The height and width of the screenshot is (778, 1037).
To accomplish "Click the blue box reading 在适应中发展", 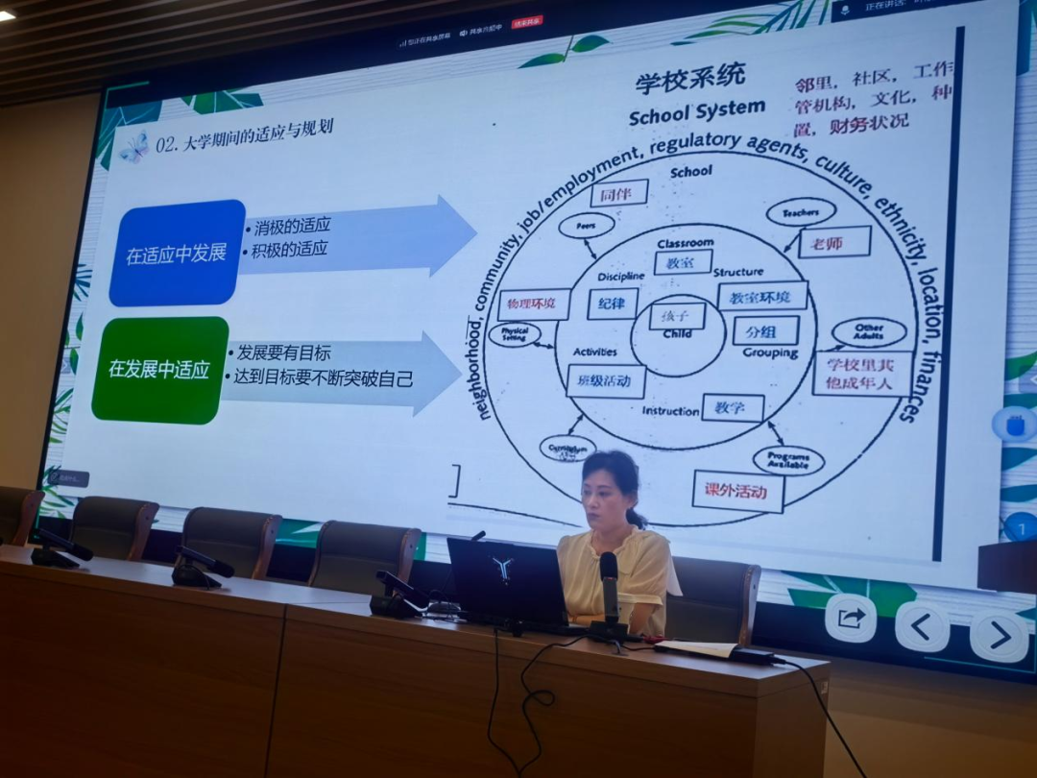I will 177,254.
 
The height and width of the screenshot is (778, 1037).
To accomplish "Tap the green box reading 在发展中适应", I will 159,370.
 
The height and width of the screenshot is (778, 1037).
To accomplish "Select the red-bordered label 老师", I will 833,243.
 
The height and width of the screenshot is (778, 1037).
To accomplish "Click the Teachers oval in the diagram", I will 800,212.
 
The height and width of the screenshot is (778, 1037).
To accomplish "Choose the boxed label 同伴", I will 617,194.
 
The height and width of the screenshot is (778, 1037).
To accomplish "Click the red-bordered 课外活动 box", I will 737,491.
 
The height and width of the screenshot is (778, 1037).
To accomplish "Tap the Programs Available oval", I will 787,460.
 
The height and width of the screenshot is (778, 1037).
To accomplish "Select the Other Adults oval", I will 868,332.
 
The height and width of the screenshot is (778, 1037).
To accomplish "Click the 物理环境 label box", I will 533,304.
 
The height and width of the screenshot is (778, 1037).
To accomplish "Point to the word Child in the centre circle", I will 677,334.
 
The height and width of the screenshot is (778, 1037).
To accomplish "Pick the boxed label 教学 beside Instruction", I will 732,408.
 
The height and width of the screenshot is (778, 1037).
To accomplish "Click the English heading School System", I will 697,113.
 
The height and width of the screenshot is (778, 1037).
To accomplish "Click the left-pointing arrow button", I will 922,627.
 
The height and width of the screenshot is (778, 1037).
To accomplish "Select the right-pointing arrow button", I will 999,635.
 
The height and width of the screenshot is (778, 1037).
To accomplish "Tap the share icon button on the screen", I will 851,619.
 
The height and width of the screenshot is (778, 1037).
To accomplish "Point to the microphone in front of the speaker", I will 609,586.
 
